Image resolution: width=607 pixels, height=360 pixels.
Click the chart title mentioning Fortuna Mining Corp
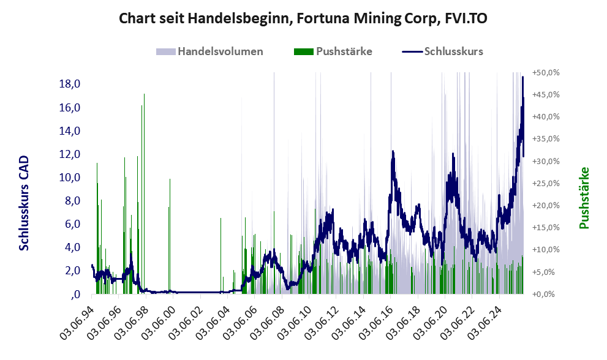tap(303, 18)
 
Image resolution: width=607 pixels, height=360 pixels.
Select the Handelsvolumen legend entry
tap(211, 51)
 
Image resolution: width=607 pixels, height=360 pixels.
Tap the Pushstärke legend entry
tap(334, 51)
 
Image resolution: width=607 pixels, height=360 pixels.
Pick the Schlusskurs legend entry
tap(443, 51)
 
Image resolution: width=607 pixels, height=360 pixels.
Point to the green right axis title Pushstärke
tap(584, 198)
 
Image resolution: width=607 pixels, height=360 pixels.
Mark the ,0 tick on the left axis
tap(75, 294)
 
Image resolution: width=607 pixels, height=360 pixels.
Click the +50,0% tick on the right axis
tap(546, 72)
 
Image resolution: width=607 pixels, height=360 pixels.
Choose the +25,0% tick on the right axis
tap(546, 183)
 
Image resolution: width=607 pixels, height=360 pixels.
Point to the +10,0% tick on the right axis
tap(546, 250)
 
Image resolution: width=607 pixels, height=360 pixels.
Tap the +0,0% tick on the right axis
tap(546, 294)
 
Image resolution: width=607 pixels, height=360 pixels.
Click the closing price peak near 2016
tap(393, 151)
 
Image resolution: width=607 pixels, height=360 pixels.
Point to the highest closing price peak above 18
tap(522, 77)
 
